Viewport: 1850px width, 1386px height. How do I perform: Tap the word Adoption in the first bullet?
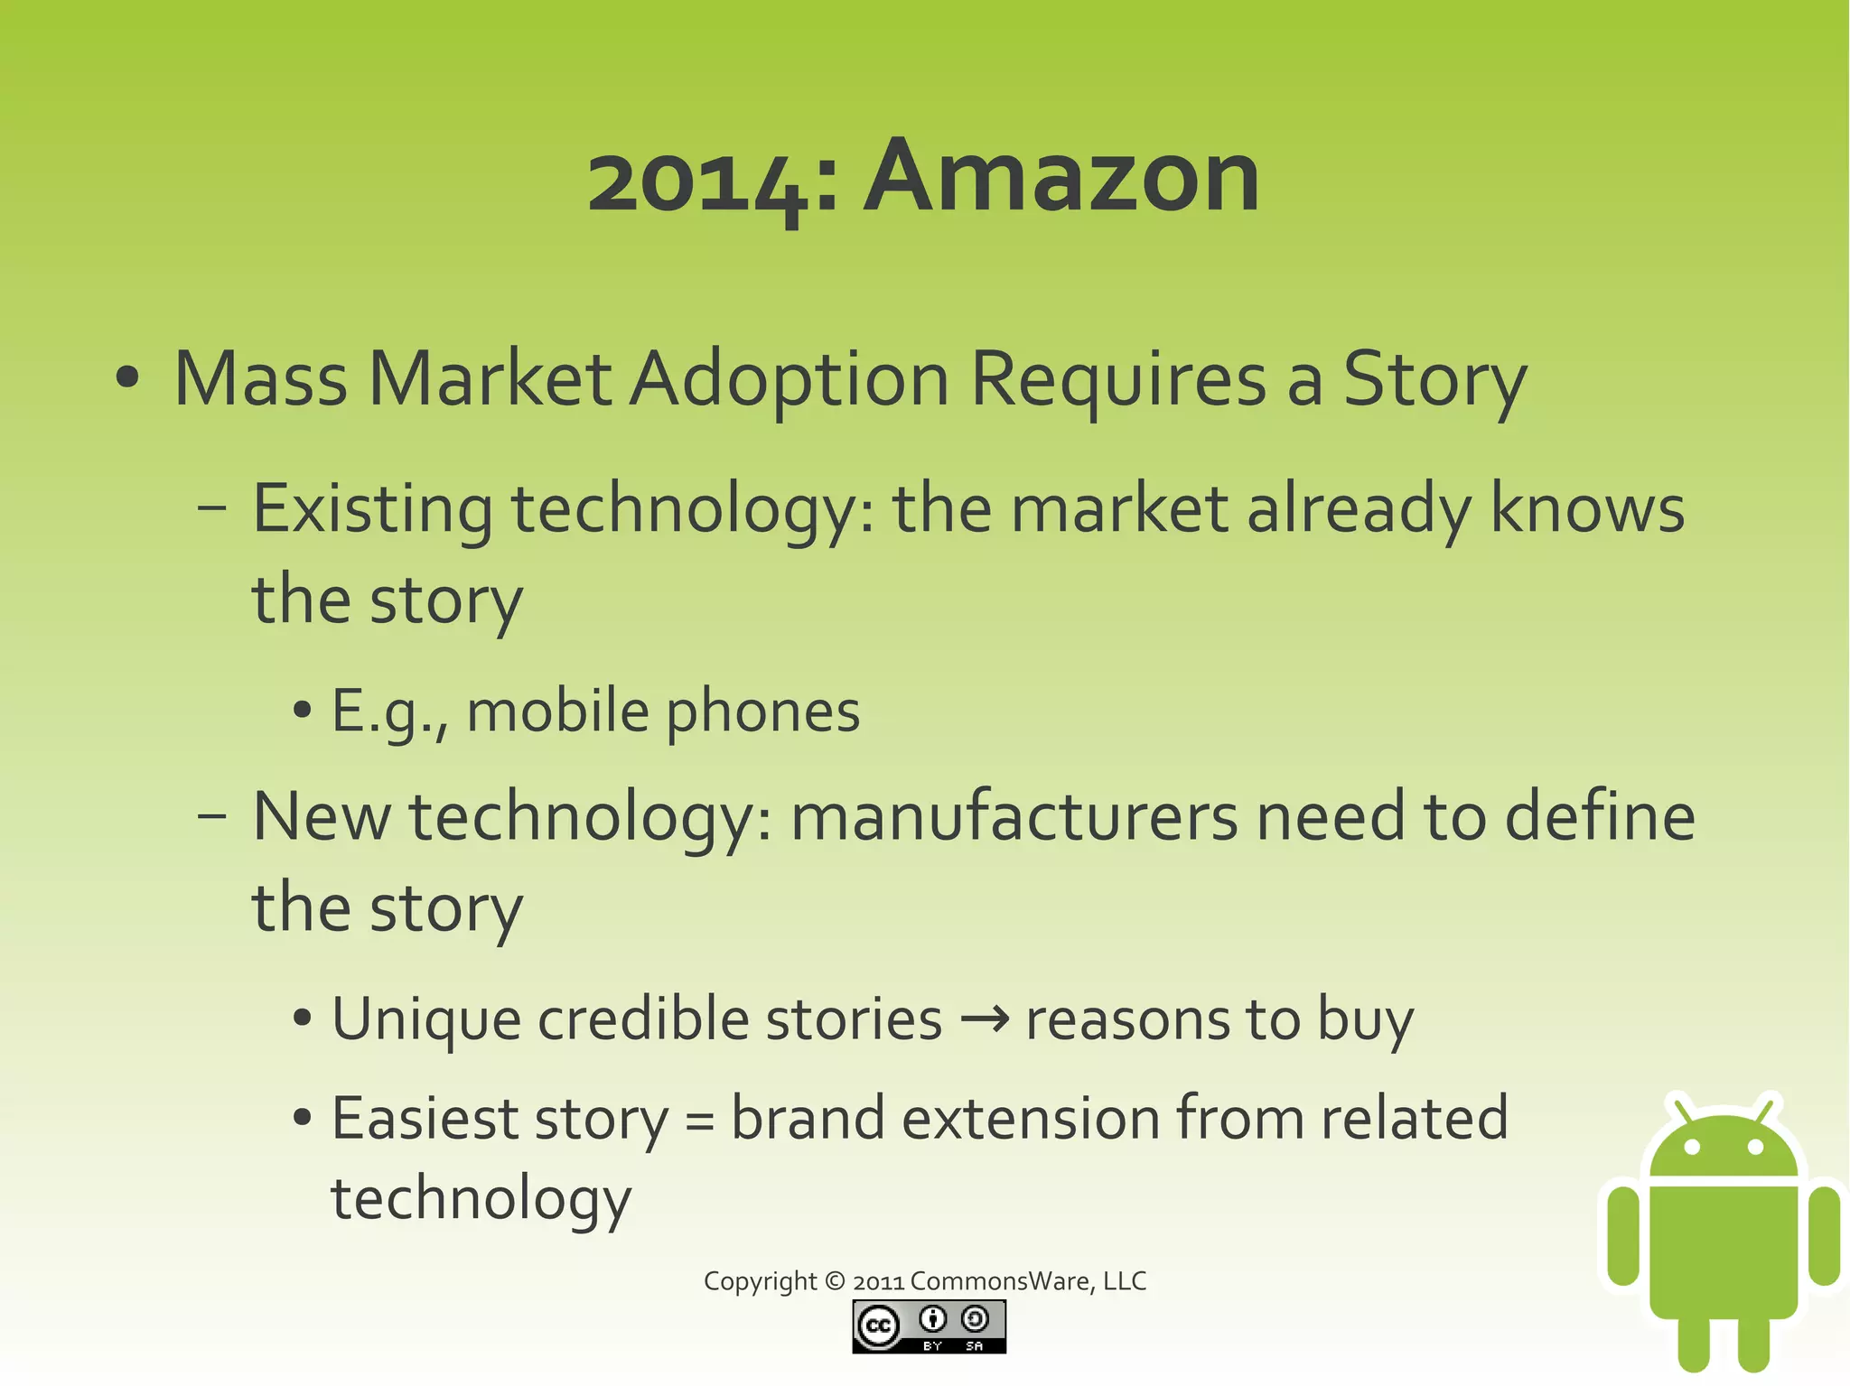click(789, 379)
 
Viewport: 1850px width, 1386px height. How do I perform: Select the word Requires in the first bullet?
click(1118, 379)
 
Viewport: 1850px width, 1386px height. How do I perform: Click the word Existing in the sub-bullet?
click(372, 510)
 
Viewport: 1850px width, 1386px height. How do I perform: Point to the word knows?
click(1586, 508)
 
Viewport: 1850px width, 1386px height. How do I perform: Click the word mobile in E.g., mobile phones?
click(557, 712)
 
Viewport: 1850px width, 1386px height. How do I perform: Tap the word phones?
click(762, 713)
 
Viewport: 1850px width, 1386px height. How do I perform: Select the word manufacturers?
click(1014, 816)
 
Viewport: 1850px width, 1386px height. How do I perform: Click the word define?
click(1600, 816)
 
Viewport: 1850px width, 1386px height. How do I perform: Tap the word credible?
click(643, 1019)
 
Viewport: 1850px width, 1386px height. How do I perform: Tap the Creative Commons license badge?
click(929, 1326)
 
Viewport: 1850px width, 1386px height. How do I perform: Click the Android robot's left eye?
click(1693, 1147)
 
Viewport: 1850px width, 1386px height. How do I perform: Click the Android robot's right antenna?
click(1765, 1108)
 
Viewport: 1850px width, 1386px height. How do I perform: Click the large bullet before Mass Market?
click(127, 378)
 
